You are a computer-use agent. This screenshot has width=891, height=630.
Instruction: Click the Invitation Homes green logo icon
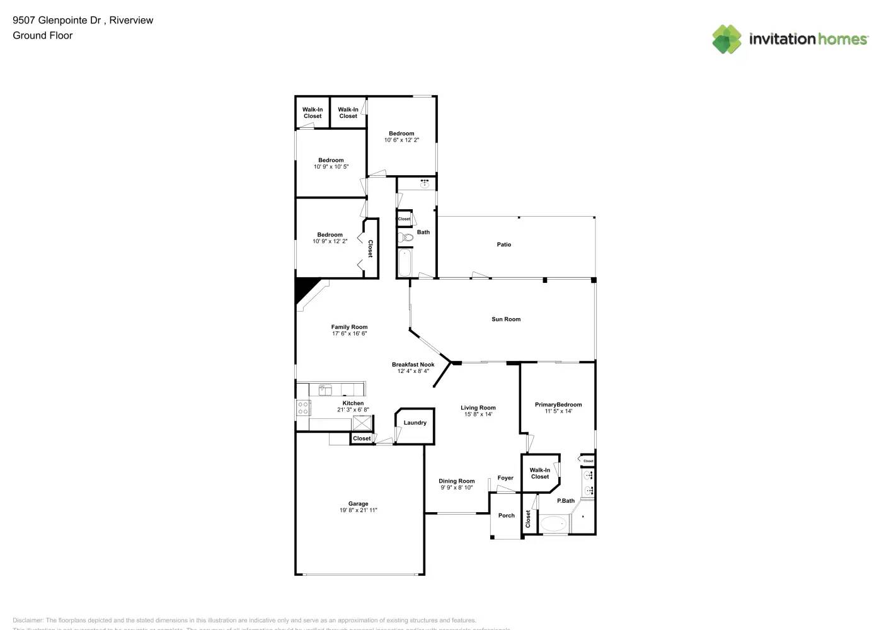tap(727, 39)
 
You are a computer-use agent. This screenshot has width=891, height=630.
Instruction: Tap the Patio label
tap(504, 244)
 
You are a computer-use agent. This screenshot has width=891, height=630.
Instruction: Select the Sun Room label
tap(506, 319)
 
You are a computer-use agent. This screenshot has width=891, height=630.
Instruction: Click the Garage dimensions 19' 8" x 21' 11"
tap(358, 510)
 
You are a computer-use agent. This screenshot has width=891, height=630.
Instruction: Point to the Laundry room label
tap(415, 423)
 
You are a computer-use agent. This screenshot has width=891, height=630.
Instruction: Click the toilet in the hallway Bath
tap(405, 238)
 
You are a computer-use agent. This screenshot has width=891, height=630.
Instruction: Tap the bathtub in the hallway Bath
tap(405, 262)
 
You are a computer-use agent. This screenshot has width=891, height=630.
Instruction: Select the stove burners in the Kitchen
tap(303, 408)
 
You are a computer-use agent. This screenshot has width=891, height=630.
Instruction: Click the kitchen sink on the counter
tap(325, 390)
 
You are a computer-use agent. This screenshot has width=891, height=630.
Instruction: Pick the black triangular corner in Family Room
tap(305, 289)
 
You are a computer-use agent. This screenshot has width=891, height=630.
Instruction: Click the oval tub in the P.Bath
tap(555, 524)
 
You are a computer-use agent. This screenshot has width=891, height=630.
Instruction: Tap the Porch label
tap(507, 515)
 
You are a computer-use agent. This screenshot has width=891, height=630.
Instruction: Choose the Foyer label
tap(505, 478)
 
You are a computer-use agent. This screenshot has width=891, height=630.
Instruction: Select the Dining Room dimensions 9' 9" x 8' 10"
tap(457, 488)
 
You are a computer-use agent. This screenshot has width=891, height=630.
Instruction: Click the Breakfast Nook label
tap(413, 364)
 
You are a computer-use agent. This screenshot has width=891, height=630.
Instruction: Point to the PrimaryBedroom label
tap(558, 404)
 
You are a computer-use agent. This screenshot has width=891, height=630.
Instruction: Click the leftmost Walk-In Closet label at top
tap(313, 113)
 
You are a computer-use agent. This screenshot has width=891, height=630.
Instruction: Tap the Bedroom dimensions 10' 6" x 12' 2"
tap(401, 140)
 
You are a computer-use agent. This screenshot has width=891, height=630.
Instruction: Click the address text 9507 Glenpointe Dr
tap(57, 20)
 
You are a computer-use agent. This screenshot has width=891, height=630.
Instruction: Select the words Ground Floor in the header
tap(43, 35)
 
